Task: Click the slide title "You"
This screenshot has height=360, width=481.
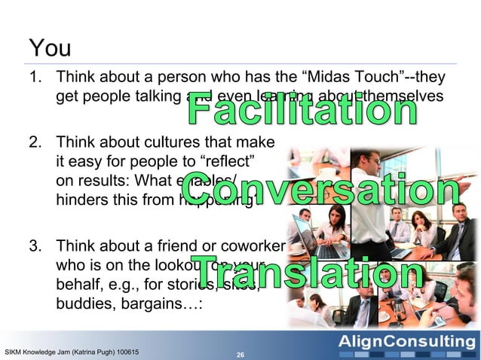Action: [50, 48]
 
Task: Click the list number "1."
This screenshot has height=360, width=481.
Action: [36, 78]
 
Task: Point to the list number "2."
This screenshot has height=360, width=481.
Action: [36, 142]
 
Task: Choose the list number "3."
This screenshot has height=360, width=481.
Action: [36, 246]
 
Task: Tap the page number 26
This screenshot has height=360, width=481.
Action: [240, 353]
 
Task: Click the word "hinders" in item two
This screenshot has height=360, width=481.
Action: [83, 203]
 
